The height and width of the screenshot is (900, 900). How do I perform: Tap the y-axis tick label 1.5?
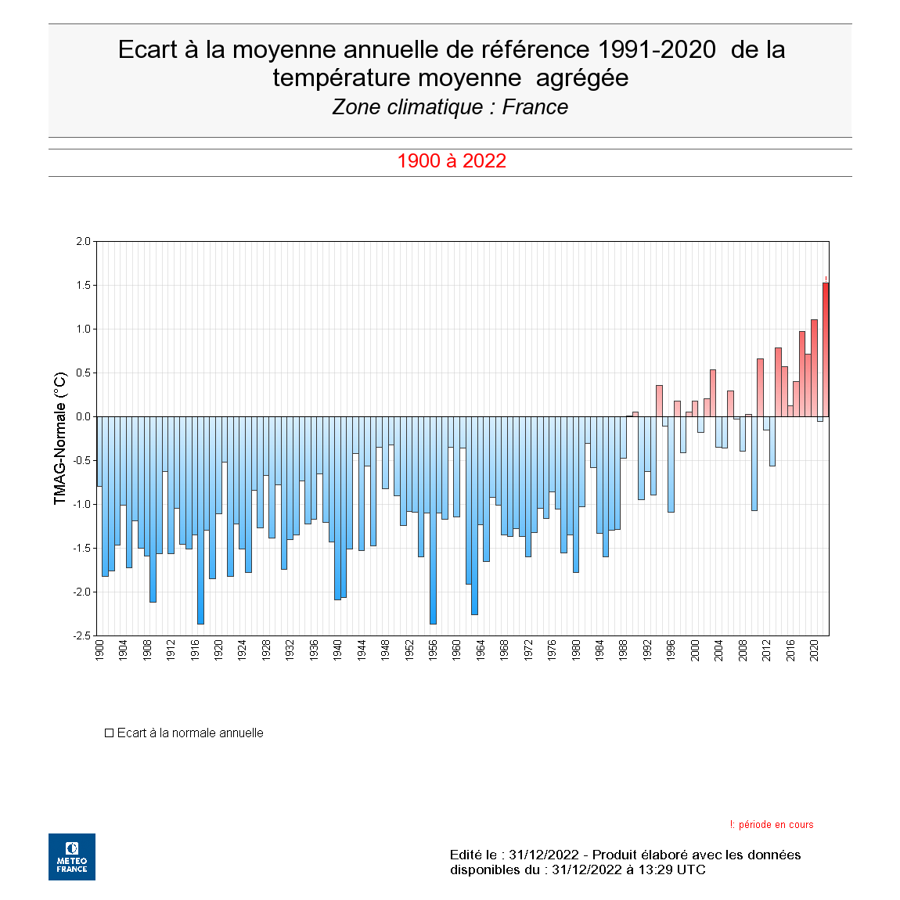(x=83, y=285)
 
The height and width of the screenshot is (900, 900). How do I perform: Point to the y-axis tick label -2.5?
(x=81, y=635)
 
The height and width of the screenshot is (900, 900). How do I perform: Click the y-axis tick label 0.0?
(x=83, y=416)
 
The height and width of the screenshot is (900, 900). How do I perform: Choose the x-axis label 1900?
(x=99, y=650)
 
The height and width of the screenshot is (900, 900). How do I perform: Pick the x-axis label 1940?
(x=337, y=650)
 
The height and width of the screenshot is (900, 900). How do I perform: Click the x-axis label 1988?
(x=624, y=650)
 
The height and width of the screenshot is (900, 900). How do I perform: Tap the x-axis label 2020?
(x=814, y=650)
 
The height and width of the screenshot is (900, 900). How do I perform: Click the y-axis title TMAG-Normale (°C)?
(x=60, y=438)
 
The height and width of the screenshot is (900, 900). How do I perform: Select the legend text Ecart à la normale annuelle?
(x=190, y=733)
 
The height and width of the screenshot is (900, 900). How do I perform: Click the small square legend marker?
(x=110, y=733)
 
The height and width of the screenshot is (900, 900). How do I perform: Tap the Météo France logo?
(x=72, y=857)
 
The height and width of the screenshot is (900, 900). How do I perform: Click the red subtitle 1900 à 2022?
(x=452, y=161)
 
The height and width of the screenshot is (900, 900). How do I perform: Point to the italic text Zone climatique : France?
(x=450, y=107)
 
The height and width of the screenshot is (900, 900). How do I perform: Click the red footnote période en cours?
(x=775, y=825)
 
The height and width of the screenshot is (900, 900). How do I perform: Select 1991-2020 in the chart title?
(x=656, y=49)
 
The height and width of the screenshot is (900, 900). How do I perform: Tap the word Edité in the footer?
(x=467, y=855)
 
